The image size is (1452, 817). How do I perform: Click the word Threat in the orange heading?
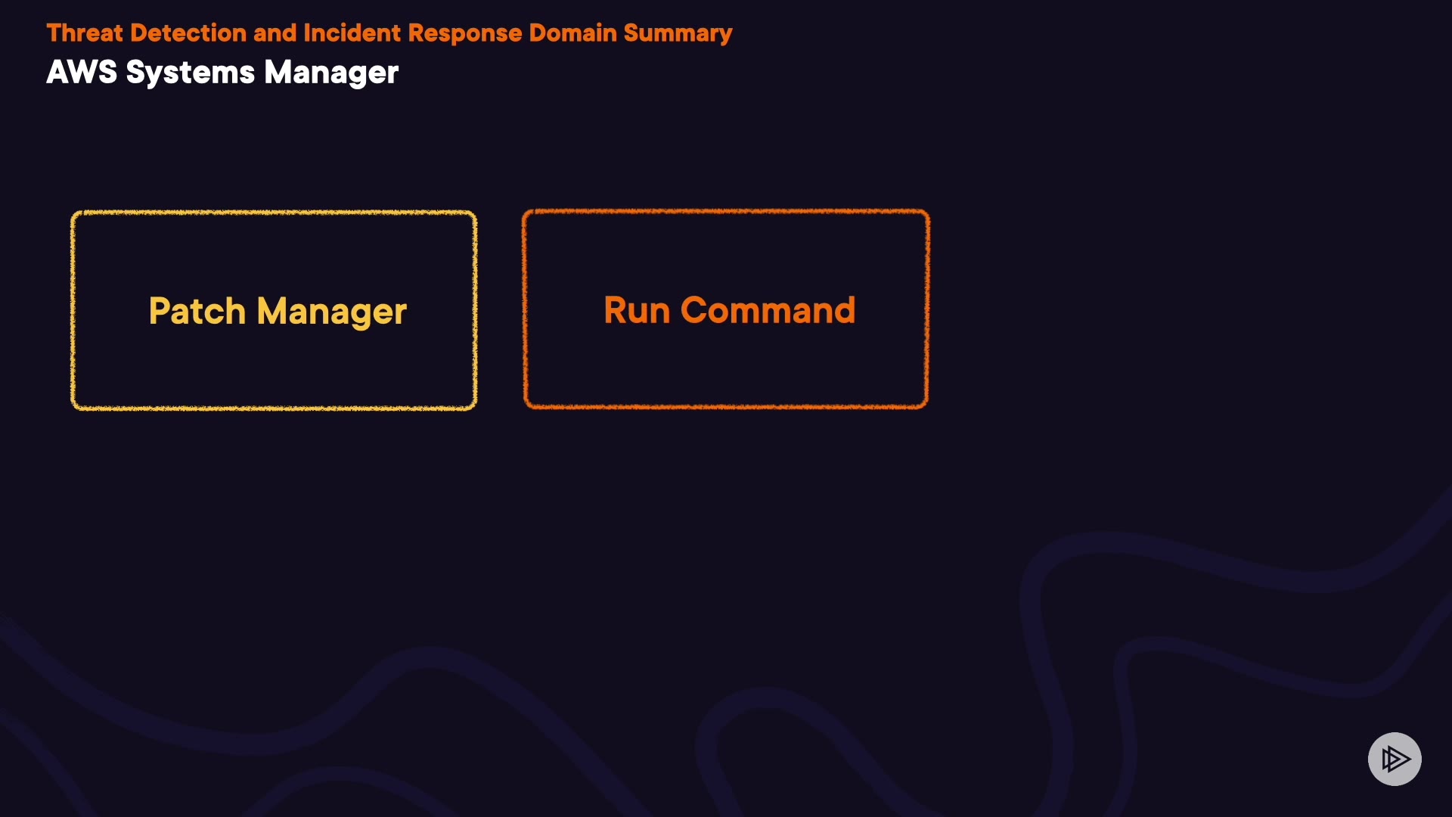[x=84, y=33]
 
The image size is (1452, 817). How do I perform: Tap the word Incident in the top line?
[x=352, y=33]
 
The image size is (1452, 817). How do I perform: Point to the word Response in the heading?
[x=464, y=33]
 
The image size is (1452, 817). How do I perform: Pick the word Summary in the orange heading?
[x=678, y=33]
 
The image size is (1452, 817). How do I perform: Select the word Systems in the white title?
[x=190, y=73]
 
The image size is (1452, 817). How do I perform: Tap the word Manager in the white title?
[x=330, y=73]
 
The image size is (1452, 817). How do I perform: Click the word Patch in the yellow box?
[x=197, y=311]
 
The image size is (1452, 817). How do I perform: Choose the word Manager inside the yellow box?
[x=331, y=311]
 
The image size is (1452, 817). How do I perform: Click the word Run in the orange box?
[x=637, y=310]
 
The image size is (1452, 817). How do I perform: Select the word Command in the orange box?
[x=768, y=310]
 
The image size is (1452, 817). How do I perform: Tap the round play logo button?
[x=1395, y=759]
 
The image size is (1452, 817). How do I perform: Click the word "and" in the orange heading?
[x=275, y=33]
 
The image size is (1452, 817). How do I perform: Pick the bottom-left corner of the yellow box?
[x=73, y=408]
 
